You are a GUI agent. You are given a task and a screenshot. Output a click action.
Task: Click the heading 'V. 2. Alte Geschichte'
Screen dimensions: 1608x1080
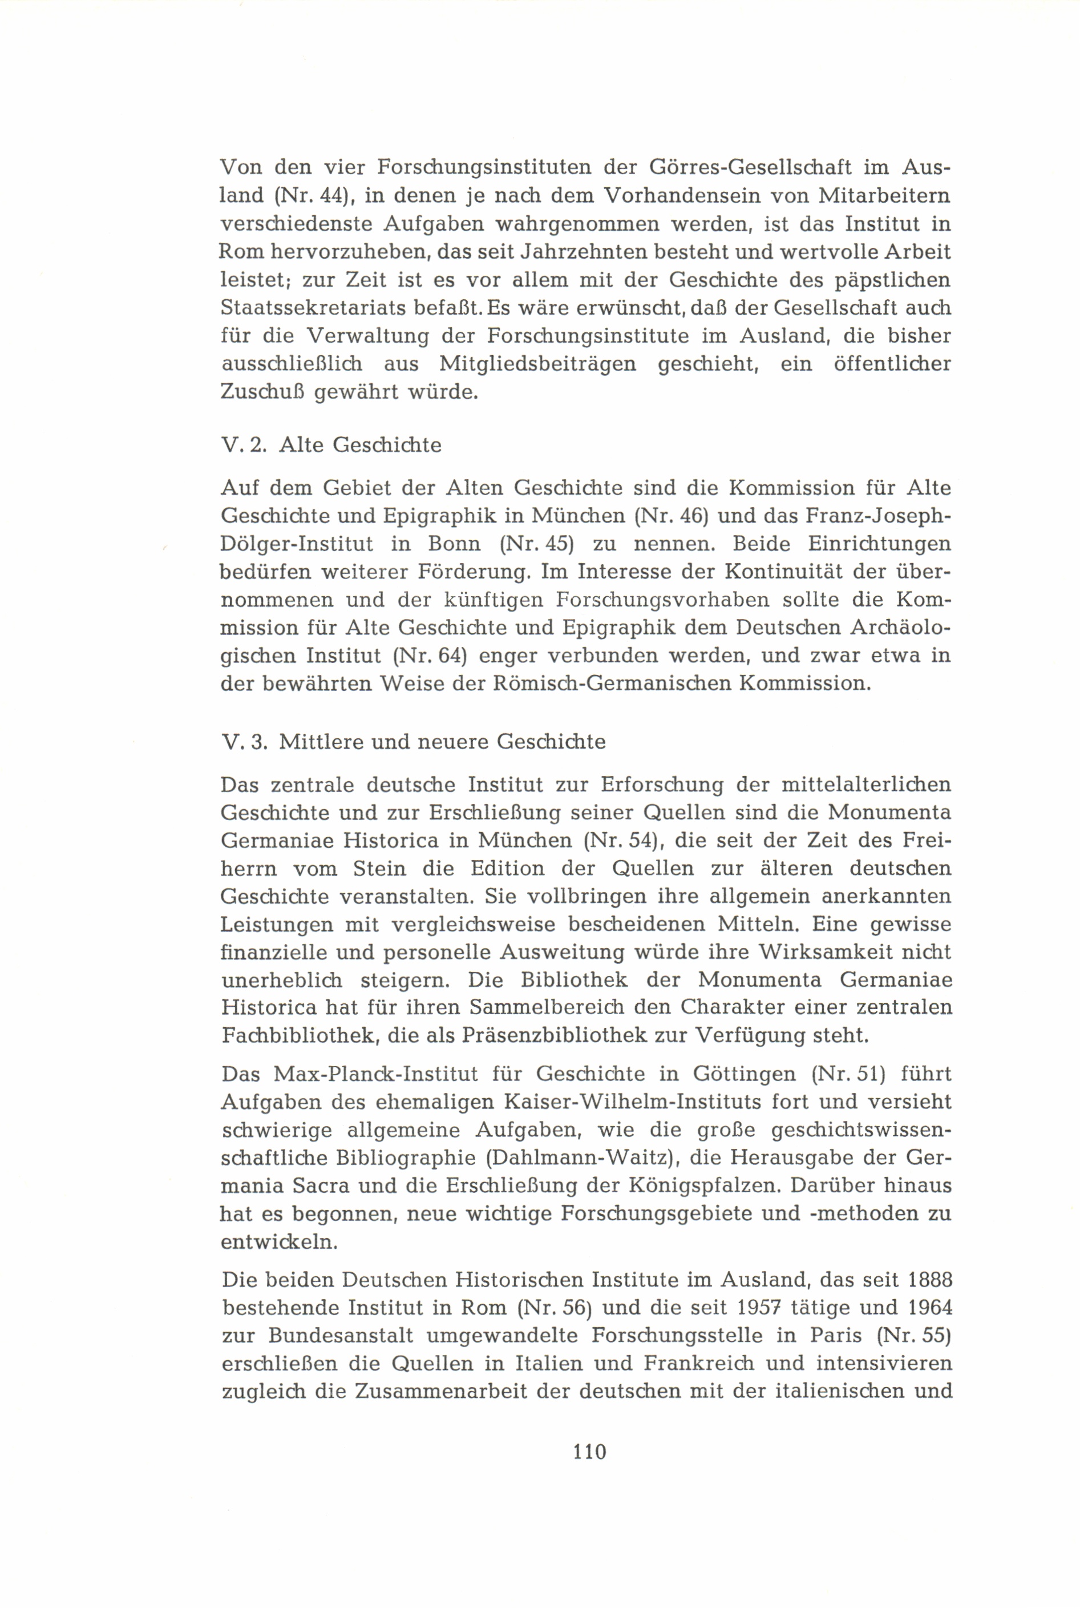click(x=330, y=445)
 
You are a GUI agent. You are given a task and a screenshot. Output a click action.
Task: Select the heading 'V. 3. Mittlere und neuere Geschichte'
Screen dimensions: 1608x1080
click(x=413, y=742)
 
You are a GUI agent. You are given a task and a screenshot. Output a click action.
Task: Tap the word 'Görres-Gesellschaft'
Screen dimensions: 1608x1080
click(x=731, y=167)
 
